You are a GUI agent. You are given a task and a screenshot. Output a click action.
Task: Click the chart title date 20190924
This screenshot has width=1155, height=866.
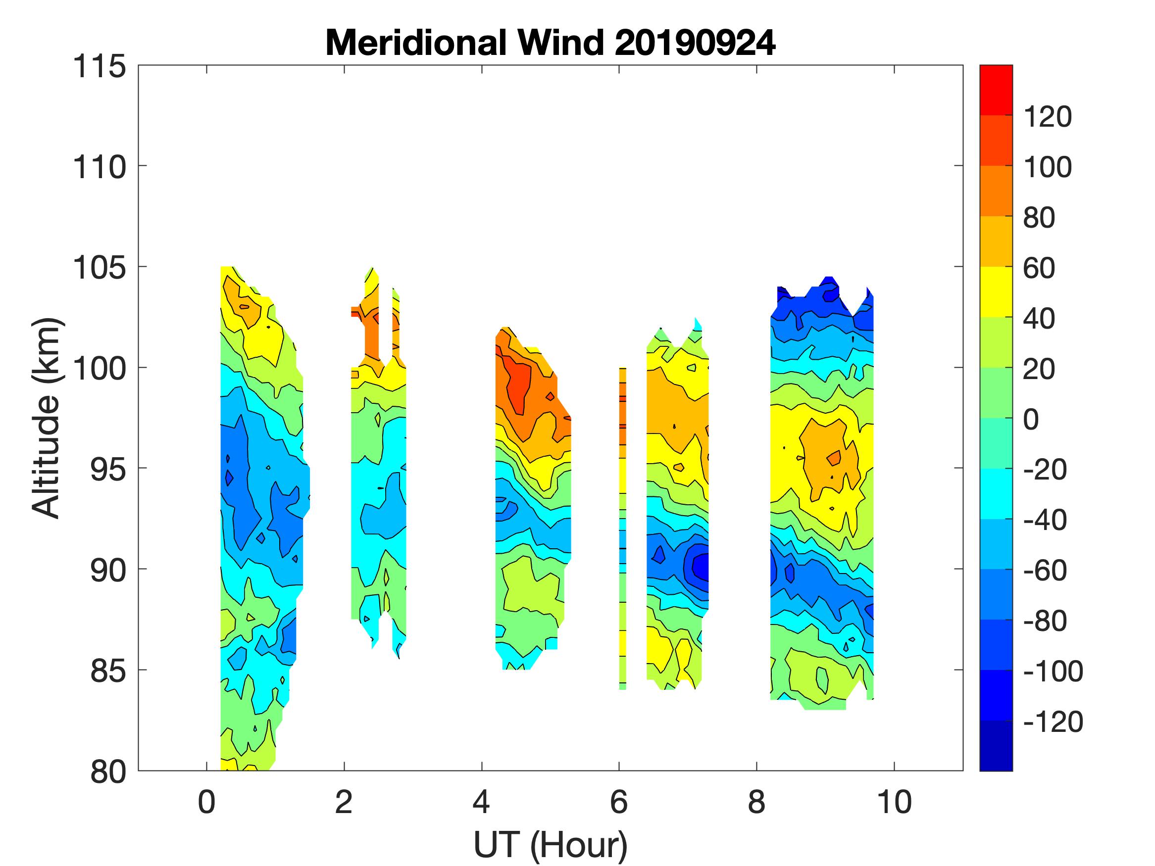tap(695, 43)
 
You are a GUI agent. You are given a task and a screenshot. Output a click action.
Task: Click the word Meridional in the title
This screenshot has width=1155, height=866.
tap(415, 43)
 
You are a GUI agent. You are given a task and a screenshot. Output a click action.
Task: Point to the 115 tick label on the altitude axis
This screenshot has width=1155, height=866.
tap(99, 67)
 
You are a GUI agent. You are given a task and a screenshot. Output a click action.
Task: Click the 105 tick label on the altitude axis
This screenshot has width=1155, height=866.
tap(99, 268)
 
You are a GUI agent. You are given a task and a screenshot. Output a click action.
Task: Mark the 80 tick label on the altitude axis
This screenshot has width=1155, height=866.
tap(108, 771)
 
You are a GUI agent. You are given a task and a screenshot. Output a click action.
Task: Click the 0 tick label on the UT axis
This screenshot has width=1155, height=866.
tap(207, 802)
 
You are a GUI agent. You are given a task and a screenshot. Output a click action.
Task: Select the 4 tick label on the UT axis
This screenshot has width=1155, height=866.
tap(481, 802)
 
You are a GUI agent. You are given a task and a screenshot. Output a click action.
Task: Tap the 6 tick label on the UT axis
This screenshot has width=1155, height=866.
tap(619, 802)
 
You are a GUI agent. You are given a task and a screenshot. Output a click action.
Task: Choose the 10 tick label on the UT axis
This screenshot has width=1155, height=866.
tap(895, 802)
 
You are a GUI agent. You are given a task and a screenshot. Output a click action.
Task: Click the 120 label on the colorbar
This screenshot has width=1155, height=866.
tap(1047, 117)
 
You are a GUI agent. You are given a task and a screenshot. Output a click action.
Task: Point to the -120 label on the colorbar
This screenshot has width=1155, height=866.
tap(1053, 722)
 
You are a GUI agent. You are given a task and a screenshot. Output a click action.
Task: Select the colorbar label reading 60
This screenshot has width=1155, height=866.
tap(1039, 268)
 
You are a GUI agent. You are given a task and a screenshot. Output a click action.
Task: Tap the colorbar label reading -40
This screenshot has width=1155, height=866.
tap(1045, 521)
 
